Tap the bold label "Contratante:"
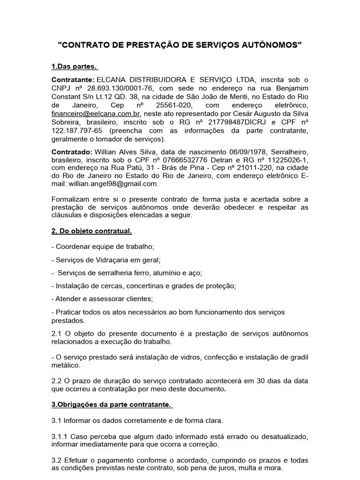tap(73, 80)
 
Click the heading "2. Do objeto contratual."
tap(92, 231)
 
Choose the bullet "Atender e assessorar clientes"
tap(104, 299)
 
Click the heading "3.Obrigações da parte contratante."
tap(112, 404)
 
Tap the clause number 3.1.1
tap(59, 436)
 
